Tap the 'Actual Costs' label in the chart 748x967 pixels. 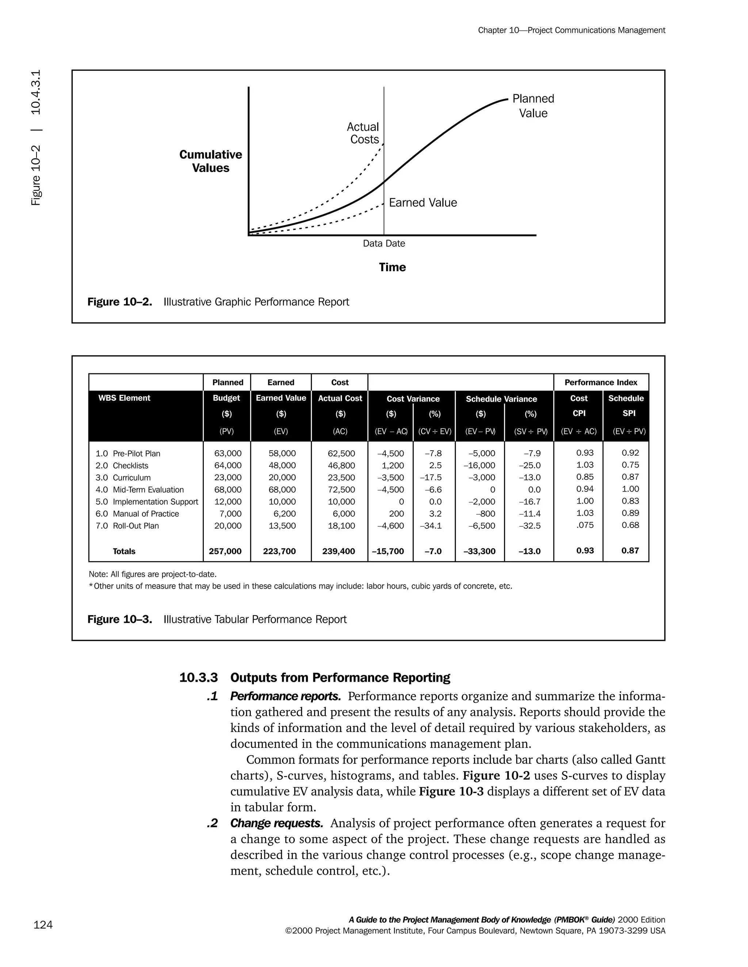[363, 133]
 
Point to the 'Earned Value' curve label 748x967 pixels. [423, 203]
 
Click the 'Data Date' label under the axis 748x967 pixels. [384, 243]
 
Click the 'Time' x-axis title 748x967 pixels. [392, 267]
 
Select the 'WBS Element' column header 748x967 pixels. [124, 398]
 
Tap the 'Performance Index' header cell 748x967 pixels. [600, 382]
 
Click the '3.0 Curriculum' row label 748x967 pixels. [123, 478]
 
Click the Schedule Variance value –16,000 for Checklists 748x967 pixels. [479, 465]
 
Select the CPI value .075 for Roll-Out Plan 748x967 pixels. [585, 525]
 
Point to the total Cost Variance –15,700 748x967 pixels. [388, 551]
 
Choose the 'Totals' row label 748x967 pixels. [124, 551]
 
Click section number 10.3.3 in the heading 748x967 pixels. [199, 678]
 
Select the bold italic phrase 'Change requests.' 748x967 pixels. [276, 824]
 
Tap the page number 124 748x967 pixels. [43, 925]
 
